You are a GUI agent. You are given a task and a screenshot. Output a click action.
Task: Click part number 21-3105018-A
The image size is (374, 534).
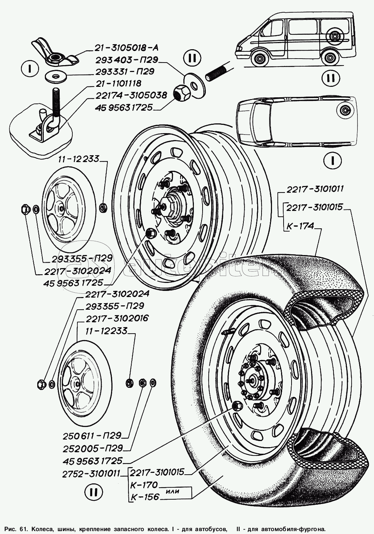126,47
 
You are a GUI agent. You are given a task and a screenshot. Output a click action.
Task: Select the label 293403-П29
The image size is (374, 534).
126,60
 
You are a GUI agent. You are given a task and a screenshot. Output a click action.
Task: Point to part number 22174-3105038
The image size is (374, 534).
131,95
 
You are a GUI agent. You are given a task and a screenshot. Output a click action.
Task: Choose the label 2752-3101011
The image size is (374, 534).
91,472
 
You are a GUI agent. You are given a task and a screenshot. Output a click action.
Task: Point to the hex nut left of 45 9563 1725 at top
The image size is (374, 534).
179,95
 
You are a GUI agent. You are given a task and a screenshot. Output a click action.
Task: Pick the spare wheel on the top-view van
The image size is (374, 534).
343,110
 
